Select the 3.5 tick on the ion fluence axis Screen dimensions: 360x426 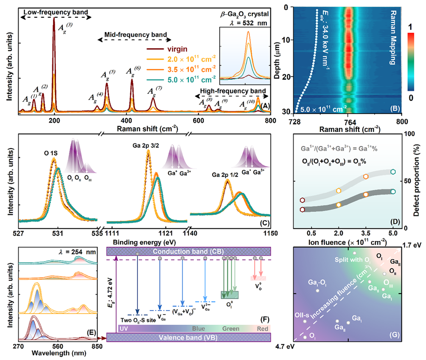366,234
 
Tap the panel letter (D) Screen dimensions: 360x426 392,220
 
